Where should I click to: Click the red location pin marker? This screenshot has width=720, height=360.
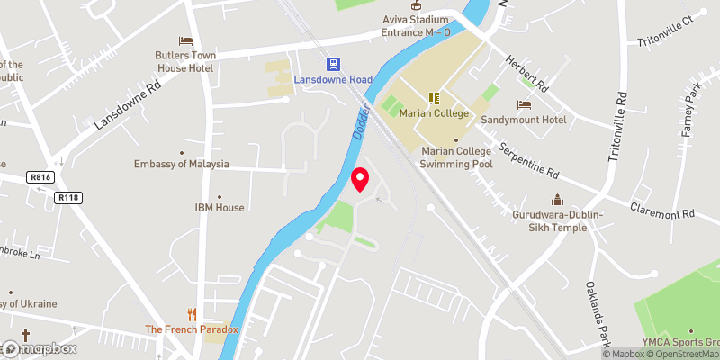[360, 179]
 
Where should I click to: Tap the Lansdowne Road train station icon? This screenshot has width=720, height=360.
[332, 64]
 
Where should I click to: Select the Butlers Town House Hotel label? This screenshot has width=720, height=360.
[186, 61]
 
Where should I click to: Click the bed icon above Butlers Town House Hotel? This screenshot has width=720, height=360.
[186, 40]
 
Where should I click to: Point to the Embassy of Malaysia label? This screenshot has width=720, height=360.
[181, 165]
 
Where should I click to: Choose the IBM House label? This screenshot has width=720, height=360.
[220, 208]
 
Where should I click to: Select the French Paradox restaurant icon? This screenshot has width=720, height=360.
[191, 314]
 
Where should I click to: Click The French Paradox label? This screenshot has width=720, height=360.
[192, 329]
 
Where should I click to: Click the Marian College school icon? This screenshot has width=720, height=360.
[433, 98]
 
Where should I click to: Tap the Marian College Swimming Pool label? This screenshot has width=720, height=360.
[456, 157]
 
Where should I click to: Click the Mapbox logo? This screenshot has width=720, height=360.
[39, 348]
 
